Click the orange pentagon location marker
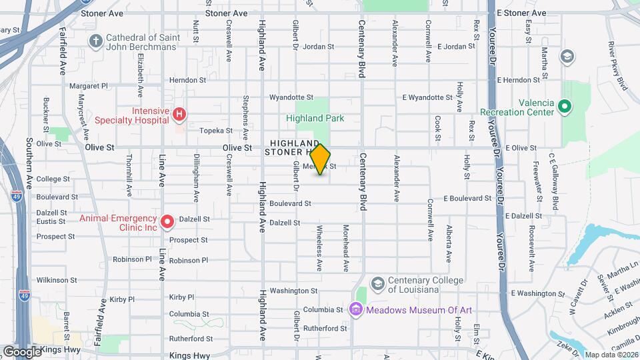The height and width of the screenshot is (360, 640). coord(321,159)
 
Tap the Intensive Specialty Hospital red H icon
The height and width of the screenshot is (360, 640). coord(178,115)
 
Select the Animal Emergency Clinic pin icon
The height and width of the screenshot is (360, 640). coord(166,221)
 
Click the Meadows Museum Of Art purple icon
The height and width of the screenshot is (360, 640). coord(355,309)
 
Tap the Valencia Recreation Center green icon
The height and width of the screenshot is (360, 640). coord(564,106)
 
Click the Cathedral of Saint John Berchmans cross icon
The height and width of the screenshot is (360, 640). coord(95,41)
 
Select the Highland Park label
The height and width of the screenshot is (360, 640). coord(315,118)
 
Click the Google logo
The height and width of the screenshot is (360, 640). coord(22,351)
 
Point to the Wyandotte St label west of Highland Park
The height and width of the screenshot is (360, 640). coord(291,97)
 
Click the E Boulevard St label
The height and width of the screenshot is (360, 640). coord(467,199)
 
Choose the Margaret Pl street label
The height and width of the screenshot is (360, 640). coord(89,86)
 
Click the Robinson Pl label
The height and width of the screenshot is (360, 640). coord(189,260)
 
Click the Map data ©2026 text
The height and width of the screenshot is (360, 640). coord(611,355)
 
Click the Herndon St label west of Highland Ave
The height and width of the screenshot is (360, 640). coord(187,80)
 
